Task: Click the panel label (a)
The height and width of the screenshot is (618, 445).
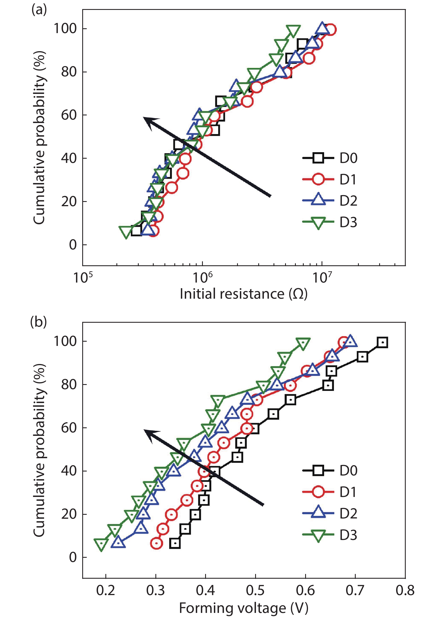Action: coord(39,10)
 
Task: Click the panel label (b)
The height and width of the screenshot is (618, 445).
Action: coord(38,322)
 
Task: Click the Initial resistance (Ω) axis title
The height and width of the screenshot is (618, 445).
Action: coord(244,294)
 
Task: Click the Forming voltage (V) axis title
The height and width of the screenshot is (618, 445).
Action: coord(244,608)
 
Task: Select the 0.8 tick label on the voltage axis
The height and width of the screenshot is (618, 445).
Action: coord(405,591)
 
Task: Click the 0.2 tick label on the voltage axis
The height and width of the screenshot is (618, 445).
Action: coord(106,591)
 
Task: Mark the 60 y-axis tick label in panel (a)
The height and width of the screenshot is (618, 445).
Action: coord(69,115)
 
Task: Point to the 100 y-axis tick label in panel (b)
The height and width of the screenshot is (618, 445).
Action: coord(65,341)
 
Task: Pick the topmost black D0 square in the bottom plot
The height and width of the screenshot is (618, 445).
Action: coord(382,343)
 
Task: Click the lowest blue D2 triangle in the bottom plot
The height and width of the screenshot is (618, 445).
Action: coord(118,543)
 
